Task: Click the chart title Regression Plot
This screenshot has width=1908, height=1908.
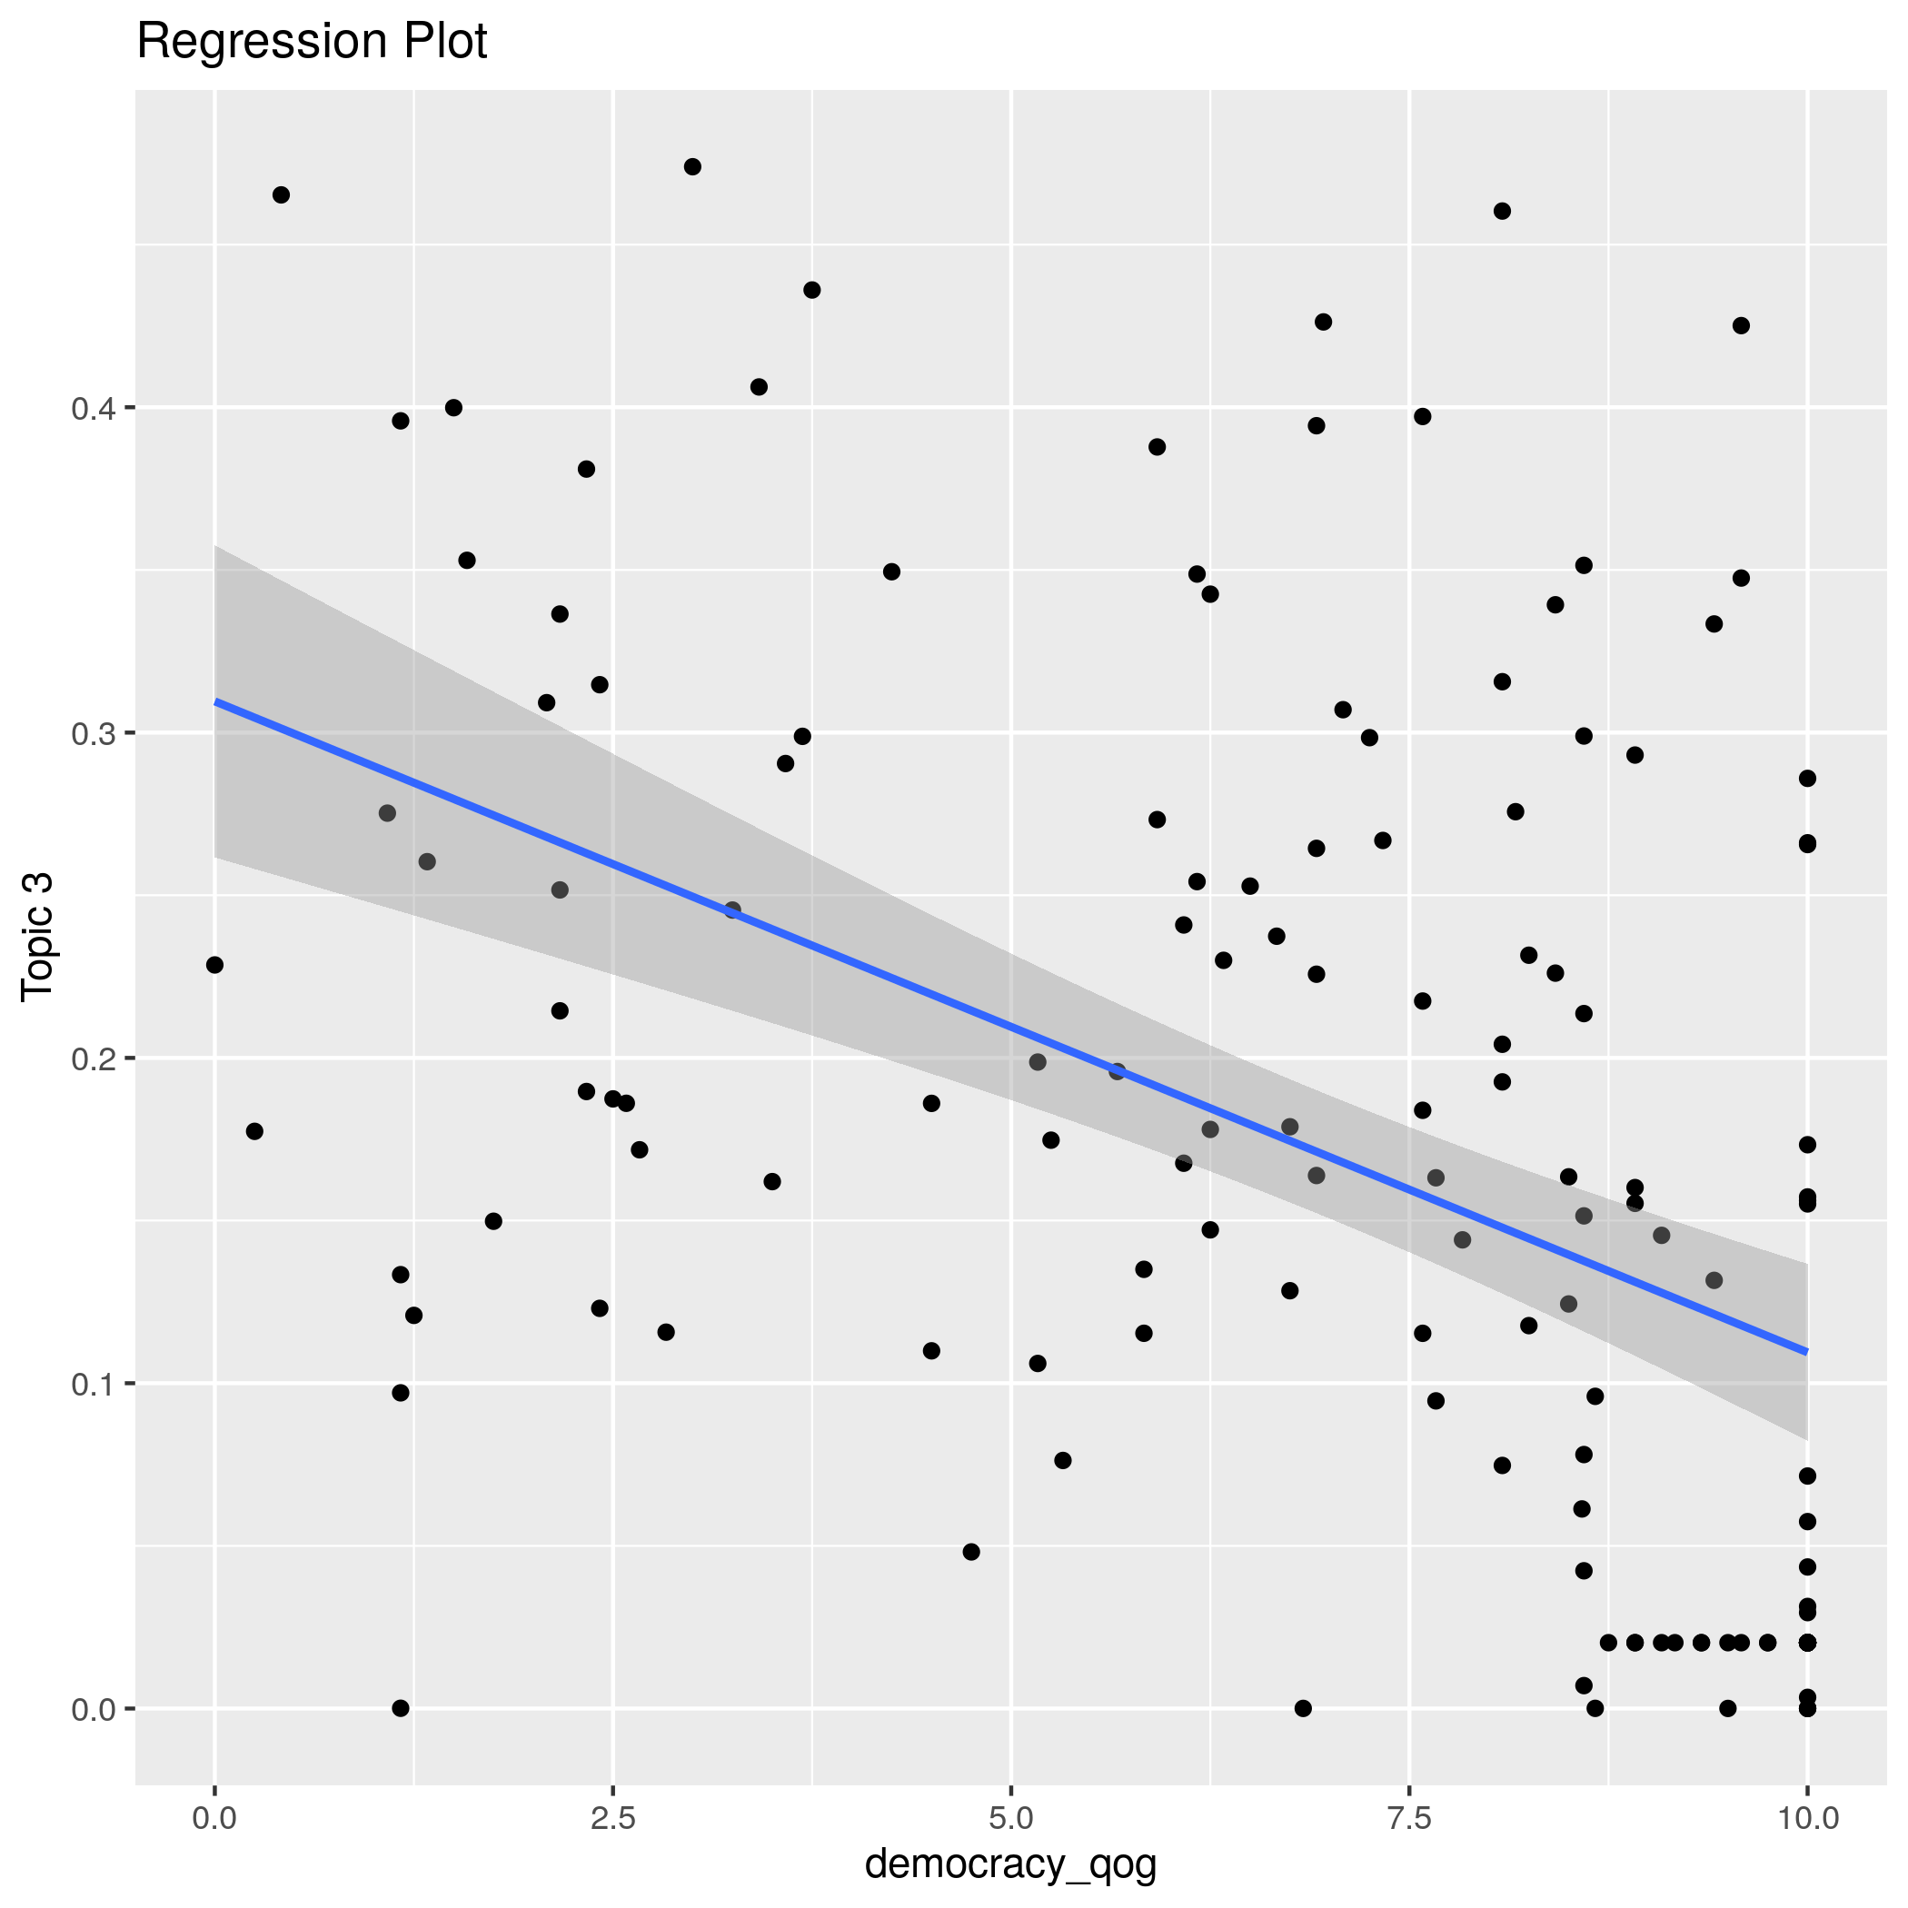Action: pos(311,43)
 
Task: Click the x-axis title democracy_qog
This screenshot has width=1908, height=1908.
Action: pos(1010,1863)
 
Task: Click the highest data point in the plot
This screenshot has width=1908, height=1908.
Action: pos(692,167)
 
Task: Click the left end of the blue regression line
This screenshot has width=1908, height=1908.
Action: pos(215,701)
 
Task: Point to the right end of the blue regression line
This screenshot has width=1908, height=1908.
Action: pos(1806,1352)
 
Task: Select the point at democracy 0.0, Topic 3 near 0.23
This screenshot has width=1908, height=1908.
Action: pos(214,965)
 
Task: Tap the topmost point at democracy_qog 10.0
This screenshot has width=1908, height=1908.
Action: pos(1807,779)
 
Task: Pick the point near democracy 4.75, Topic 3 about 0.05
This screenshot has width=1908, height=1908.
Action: pos(970,1552)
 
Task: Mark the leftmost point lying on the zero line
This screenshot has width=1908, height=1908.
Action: pos(400,1708)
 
